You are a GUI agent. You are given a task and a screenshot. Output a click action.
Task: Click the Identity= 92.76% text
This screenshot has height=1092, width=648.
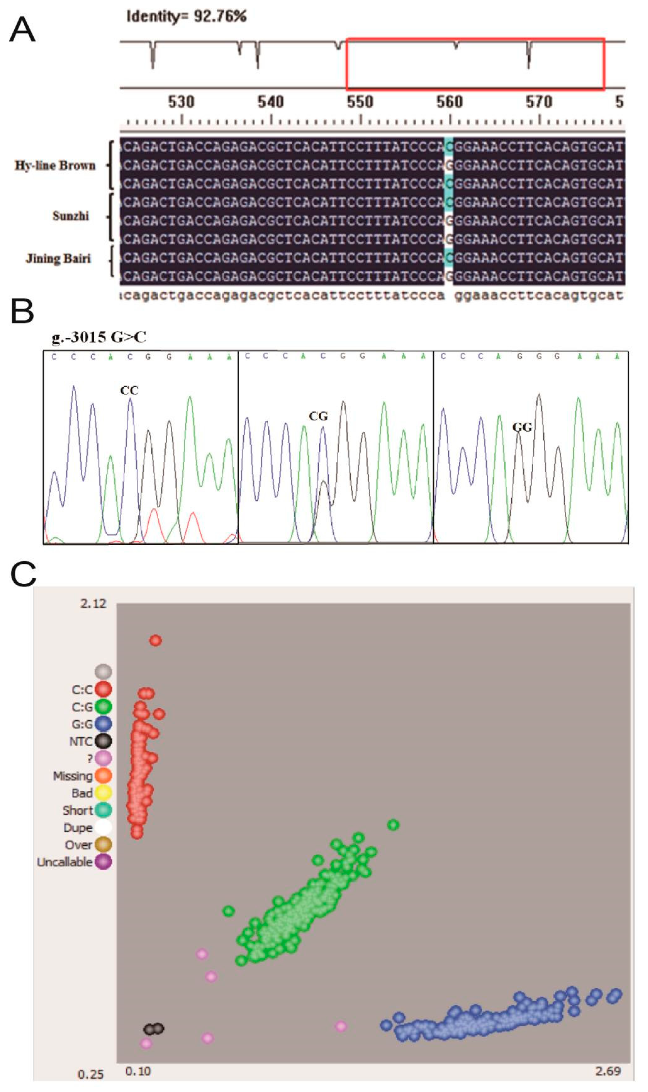coord(187,17)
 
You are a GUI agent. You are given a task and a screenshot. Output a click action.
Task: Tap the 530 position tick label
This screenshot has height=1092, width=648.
coord(181,102)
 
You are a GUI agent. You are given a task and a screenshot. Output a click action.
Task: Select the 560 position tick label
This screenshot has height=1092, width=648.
coord(449,102)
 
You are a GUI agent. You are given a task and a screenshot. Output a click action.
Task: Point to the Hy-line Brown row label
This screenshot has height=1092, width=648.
coord(55,165)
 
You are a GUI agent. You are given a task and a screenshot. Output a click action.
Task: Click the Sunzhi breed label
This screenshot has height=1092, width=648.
coord(71,216)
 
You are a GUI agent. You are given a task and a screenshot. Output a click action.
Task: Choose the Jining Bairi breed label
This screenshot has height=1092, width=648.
coord(58,259)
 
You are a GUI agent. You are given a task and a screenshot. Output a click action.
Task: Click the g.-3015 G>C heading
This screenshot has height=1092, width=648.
coord(99,338)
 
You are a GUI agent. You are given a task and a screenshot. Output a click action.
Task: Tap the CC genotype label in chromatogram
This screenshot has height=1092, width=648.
coord(129,390)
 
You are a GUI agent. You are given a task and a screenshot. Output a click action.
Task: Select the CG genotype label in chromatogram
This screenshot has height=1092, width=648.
coord(318,416)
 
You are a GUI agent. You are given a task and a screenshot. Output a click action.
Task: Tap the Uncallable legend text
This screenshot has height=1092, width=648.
coord(65,862)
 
